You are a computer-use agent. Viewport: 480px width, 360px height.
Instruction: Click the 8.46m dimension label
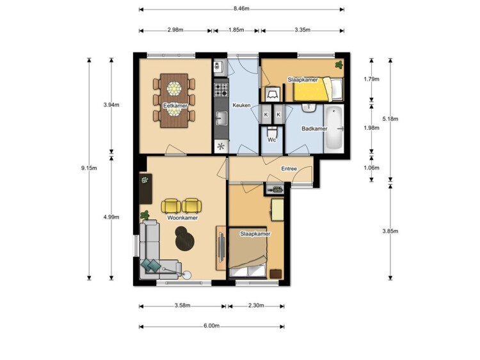(x=241, y=8)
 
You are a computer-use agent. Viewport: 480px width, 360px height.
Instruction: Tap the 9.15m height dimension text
(x=89, y=168)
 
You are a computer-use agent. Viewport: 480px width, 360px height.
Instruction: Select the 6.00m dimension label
(x=212, y=325)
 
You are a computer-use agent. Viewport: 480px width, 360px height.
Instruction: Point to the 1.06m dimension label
(x=371, y=168)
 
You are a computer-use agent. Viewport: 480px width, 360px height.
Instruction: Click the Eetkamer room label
(x=175, y=106)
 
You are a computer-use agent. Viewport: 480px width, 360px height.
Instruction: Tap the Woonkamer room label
(x=182, y=218)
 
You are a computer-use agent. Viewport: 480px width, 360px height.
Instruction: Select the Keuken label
(x=241, y=106)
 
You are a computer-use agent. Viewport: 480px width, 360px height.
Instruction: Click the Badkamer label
(x=314, y=129)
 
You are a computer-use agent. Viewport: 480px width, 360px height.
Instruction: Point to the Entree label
(x=289, y=169)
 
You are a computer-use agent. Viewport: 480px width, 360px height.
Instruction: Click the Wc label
(x=272, y=140)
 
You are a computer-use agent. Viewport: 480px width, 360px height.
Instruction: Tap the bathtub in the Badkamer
(x=333, y=128)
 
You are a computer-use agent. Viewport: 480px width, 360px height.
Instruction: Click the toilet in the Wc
(x=271, y=132)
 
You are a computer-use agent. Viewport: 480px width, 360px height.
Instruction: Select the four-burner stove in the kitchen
(x=221, y=90)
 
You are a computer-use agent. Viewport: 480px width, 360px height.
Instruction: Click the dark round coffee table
(x=184, y=237)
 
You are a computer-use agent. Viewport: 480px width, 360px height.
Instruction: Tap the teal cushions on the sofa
(x=150, y=265)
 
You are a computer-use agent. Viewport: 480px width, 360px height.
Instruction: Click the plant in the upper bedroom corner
(x=339, y=65)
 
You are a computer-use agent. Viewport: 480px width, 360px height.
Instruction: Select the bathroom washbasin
(x=309, y=108)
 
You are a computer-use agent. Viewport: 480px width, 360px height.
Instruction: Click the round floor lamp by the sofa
(x=187, y=276)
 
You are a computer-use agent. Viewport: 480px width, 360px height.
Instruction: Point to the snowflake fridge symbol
(x=221, y=146)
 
